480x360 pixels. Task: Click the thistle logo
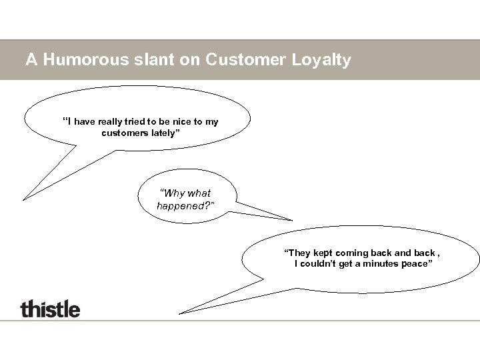coord(50,309)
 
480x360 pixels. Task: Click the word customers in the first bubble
coord(125,133)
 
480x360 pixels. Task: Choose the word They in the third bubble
coord(298,253)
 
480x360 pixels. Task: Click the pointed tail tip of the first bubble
coord(24,199)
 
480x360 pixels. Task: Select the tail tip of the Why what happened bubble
coord(292,220)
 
